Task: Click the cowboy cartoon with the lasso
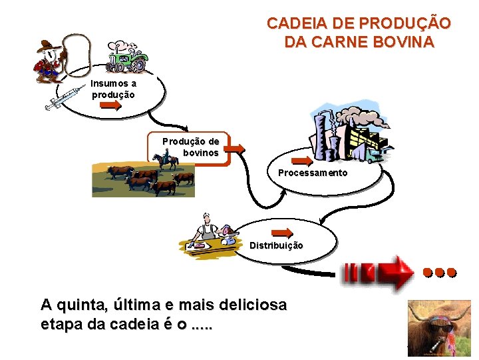click(48, 61)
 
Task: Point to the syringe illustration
click(63, 99)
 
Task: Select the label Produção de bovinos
click(191, 147)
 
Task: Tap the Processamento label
click(313, 173)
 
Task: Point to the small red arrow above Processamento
click(303, 161)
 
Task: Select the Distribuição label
click(276, 245)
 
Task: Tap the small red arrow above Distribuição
click(283, 233)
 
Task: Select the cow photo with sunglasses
click(439, 327)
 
